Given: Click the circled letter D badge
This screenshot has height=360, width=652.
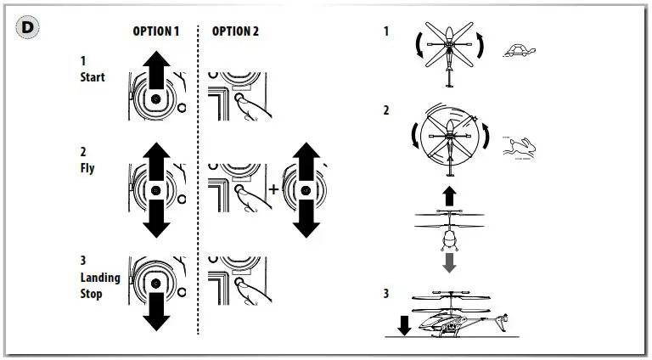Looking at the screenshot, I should (x=29, y=27).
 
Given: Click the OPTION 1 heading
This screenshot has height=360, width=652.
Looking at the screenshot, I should (x=155, y=31).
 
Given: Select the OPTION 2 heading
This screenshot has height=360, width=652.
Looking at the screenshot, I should (x=235, y=31).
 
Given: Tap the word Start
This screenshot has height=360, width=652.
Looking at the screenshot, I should (x=92, y=77).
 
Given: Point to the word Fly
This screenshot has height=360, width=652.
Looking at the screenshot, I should (x=87, y=168).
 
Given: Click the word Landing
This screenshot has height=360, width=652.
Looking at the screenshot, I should (x=100, y=278).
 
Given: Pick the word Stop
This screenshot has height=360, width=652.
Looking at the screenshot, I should (x=91, y=294).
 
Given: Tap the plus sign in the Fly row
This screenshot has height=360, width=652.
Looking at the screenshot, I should (x=273, y=188).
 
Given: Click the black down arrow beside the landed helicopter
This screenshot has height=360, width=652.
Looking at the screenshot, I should (x=405, y=325).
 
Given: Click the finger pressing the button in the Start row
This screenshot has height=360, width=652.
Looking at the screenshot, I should (x=252, y=106).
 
